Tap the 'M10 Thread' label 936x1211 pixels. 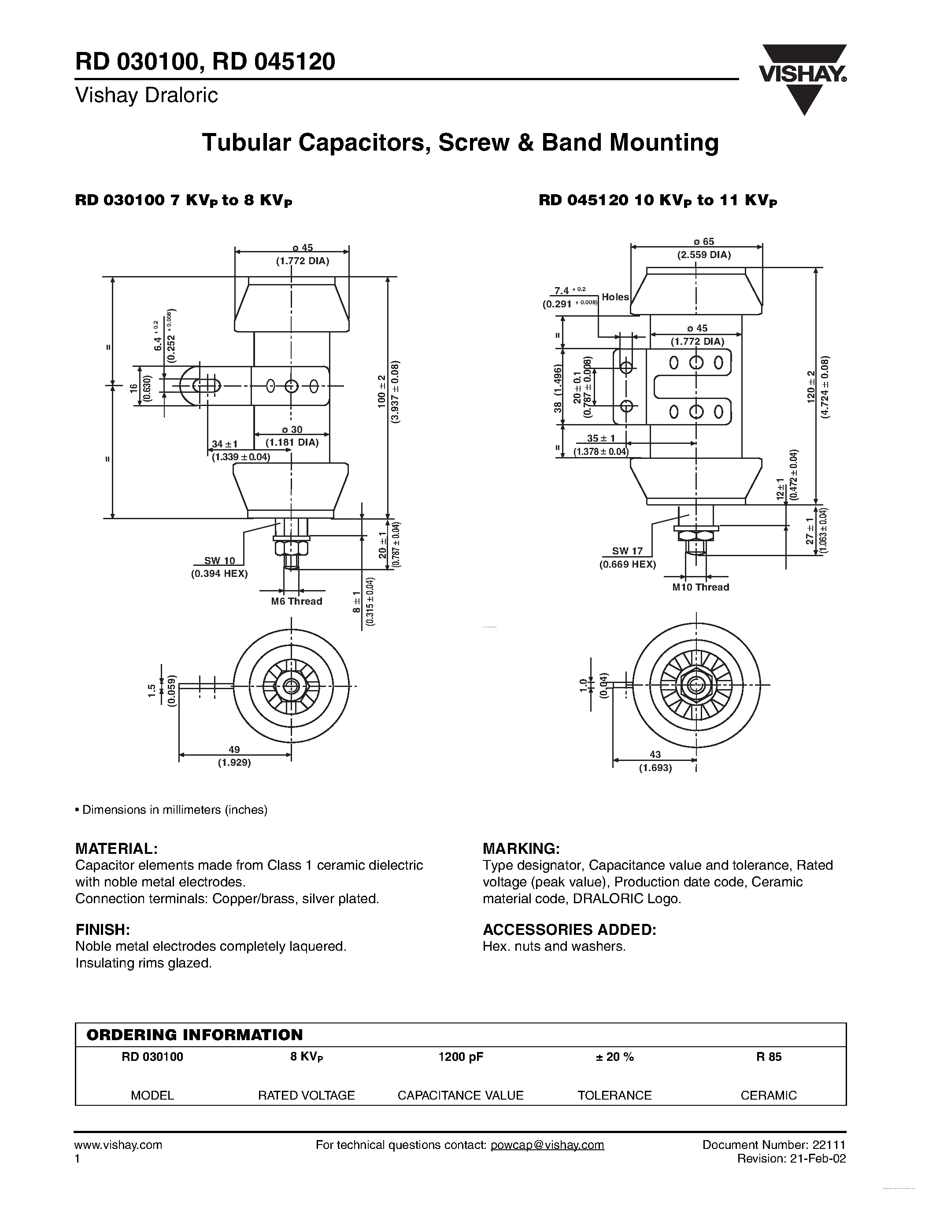point(700,587)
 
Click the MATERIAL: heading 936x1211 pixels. point(116,849)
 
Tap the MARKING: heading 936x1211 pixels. point(521,849)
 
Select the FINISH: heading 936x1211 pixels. point(103,930)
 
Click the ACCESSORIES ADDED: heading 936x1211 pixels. point(569,930)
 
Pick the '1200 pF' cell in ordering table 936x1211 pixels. point(460,1057)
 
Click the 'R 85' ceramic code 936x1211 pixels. point(768,1057)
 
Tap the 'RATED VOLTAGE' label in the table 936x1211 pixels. point(306,1095)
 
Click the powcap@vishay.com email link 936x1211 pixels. point(548,1145)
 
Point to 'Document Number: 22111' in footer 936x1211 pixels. point(773,1145)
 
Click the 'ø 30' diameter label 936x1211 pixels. point(292,430)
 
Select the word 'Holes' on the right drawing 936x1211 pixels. point(615,297)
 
